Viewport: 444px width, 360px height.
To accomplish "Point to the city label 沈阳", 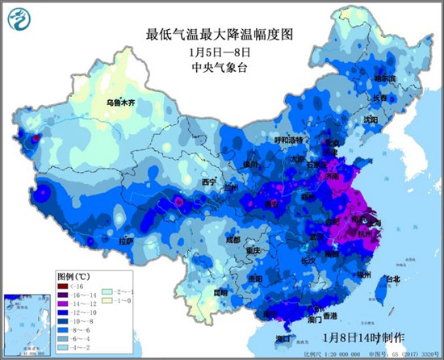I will click(370, 119).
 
